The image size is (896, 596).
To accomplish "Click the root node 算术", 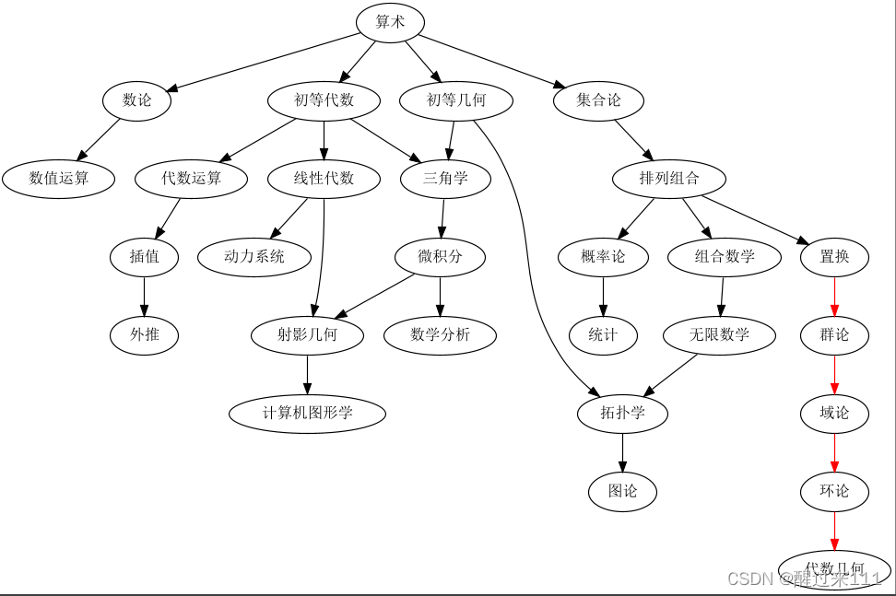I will pos(390,22).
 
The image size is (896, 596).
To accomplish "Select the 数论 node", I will pos(137,100).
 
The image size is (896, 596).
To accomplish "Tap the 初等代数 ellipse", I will pos(324,100).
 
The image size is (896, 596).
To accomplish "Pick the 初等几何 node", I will pos(456,100).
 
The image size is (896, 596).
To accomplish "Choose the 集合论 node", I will pos(599,100).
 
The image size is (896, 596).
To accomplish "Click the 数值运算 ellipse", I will pos(59,179).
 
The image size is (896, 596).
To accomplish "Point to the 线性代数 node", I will pos(324,179).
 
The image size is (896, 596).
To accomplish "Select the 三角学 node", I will pos(445,179).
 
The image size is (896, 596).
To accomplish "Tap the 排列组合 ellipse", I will pos(669,179).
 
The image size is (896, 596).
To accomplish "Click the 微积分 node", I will pos(440,257).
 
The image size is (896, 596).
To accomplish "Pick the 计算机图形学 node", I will pos(307,413).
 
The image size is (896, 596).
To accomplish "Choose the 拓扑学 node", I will pos(622,413).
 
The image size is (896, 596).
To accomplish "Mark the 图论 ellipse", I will pos(622,491).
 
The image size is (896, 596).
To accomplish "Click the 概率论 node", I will pos(604,257).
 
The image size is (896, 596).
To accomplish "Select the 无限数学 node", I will pos(720,334).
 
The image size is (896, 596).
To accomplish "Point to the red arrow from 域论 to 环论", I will pos(834,451).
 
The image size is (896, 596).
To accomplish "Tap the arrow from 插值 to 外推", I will pos(145,296).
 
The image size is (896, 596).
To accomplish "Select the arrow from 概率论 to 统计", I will pos(604,296).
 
